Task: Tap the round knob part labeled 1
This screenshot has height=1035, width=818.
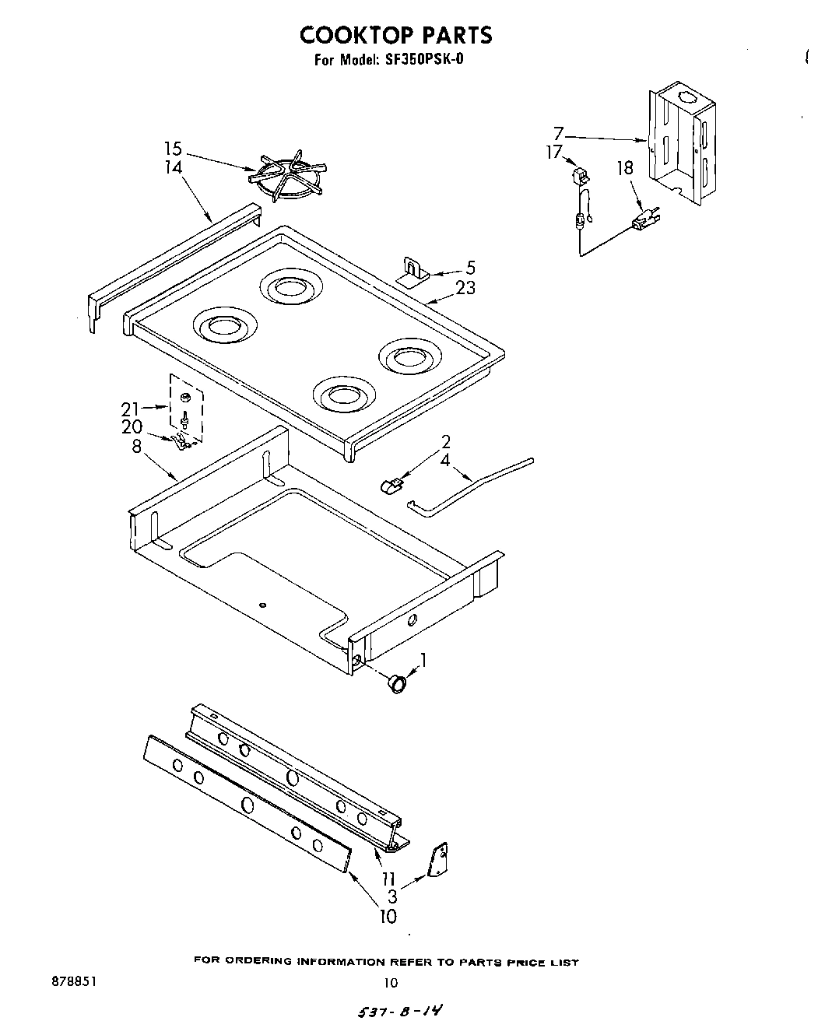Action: [398, 682]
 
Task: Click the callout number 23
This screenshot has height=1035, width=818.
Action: [465, 288]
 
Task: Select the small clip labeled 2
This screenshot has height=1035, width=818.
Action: [390, 486]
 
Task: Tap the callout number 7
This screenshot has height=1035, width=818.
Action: [558, 132]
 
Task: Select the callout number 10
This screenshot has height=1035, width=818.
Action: [388, 916]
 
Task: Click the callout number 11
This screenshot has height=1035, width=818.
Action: [388, 879]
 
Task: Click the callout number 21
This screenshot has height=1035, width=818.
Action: [130, 409]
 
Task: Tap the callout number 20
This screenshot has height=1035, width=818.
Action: [132, 427]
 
